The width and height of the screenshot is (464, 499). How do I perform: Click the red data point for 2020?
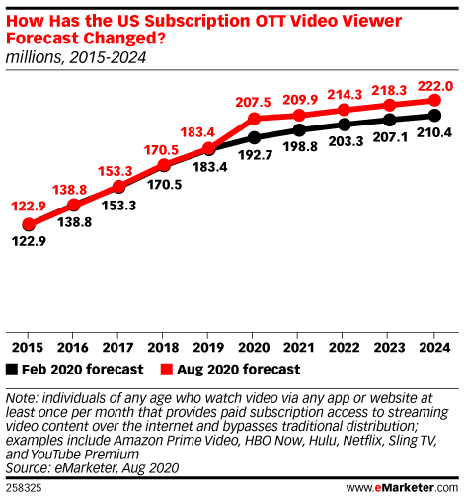255,118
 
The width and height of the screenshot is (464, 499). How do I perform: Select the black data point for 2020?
255,137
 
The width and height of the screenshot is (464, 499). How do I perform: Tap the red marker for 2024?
434,100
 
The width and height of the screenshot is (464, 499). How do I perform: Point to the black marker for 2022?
345,125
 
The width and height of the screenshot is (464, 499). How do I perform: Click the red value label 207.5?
253,102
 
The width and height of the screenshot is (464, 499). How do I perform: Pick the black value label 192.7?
256,155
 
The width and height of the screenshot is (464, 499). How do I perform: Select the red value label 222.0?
435,86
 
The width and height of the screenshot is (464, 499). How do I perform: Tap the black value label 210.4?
434,132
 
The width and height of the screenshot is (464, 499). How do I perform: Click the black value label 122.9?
29,241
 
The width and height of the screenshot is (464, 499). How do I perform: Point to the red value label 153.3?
116,171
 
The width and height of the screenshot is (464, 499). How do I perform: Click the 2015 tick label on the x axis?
28,348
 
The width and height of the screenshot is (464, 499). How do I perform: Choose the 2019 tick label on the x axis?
208,348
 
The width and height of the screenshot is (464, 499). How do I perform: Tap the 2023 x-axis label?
389,348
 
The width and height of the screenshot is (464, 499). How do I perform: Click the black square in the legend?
12,370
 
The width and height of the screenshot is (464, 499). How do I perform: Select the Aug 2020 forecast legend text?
239,370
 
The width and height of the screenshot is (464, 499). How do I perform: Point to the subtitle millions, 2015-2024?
76,57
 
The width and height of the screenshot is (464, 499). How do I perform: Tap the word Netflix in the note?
362,441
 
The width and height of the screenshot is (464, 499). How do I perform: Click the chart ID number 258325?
24,488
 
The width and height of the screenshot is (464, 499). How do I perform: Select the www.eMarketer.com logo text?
402,488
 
